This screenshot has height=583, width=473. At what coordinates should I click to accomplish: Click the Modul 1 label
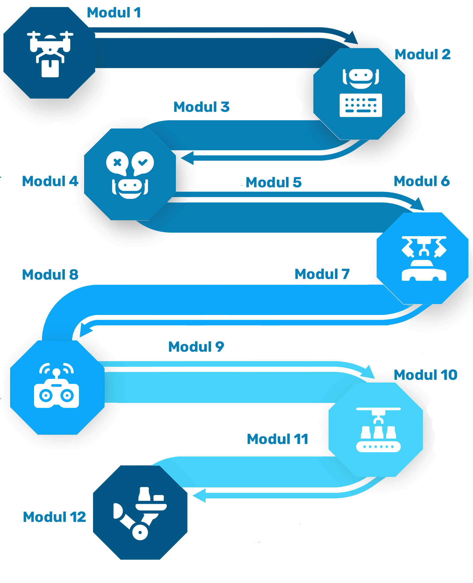click(114, 13)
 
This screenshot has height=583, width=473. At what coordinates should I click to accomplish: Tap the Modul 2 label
click(423, 55)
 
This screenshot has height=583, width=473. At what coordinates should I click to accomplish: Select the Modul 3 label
click(201, 107)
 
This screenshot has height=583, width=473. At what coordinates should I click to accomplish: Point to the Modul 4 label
click(50, 182)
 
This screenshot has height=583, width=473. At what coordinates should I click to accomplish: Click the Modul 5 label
click(274, 182)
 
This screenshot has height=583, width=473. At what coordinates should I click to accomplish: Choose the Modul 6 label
click(421, 182)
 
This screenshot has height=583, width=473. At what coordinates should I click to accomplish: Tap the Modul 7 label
click(322, 274)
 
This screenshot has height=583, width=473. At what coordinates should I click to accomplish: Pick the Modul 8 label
click(50, 275)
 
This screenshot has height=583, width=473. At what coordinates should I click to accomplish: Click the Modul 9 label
click(196, 347)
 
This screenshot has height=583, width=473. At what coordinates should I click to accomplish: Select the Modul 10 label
click(425, 375)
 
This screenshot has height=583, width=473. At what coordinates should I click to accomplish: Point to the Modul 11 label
click(277, 439)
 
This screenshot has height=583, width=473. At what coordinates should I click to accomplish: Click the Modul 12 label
click(54, 517)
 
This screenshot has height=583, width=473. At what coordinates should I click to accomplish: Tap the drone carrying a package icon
click(50, 54)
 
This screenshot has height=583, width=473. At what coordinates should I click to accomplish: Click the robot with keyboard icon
click(361, 93)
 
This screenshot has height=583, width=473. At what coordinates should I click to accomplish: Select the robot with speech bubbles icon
click(130, 174)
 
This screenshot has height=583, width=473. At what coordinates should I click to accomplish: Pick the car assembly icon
click(424, 258)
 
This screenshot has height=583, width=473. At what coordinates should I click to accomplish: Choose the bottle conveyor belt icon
click(378, 430)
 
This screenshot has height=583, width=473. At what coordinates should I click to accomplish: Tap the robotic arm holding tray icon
click(140, 513)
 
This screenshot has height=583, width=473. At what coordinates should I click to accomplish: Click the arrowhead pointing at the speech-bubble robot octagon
click(187, 157)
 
